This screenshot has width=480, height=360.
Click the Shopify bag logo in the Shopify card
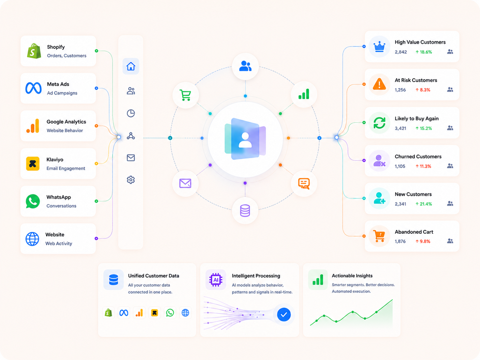(x=34, y=51)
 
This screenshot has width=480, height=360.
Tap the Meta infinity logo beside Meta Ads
(x=34, y=88)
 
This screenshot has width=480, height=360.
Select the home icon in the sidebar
(x=131, y=66)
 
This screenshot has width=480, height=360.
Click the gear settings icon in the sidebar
(x=131, y=180)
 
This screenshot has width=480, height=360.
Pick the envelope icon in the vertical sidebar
(x=131, y=158)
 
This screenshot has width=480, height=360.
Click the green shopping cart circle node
(x=185, y=95)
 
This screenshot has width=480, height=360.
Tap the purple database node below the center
(x=245, y=211)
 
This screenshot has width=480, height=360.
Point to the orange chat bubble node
(x=304, y=183)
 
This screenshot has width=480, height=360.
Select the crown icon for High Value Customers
(x=379, y=46)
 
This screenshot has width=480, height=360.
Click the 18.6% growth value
(x=426, y=52)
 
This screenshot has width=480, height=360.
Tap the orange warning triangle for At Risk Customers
(x=379, y=84)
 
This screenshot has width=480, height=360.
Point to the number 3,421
(x=400, y=128)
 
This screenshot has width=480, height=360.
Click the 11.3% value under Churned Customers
(x=425, y=166)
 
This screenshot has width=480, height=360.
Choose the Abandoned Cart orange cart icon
(x=379, y=236)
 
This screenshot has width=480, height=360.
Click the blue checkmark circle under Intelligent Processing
(x=284, y=315)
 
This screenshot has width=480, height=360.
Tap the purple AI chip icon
(x=216, y=280)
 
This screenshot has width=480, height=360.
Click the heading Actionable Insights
(x=352, y=276)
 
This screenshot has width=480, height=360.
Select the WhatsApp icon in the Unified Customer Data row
(x=170, y=313)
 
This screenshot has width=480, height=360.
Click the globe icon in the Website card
(x=32, y=239)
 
